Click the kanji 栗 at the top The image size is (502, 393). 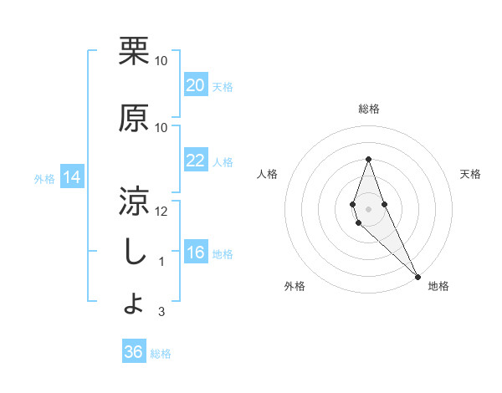[134, 52]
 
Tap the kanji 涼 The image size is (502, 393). [134, 201]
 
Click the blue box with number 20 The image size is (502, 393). [196, 85]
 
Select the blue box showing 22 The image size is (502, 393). [196, 161]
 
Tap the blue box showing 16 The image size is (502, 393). [196, 253]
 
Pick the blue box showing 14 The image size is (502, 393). [72, 177]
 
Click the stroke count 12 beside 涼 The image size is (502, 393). [161, 211]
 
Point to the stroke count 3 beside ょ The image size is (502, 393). [161, 312]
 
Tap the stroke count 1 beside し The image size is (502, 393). [161, 261]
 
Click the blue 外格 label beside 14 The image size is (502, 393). [44, 178]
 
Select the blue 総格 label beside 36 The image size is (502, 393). [161, 354]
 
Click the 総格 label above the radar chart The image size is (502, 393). [368, 109]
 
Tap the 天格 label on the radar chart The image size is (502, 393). [470, 174]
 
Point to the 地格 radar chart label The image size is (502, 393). [438, 286]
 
